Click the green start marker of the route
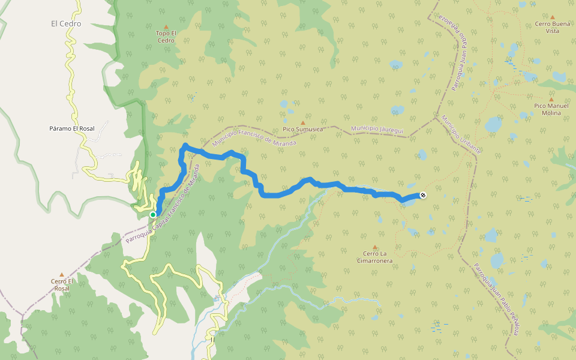tap(153, 214)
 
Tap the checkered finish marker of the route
tap(423, 195)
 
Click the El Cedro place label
tap(66, 24)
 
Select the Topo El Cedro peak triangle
tap(166, 27)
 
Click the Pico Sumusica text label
tap(303, 129)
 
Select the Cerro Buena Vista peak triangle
tap(553, 17)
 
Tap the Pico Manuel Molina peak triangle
tap(551, 100)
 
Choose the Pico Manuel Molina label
tap(551, 109)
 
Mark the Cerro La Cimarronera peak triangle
tap(375, 247)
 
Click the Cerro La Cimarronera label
tap(375, 257)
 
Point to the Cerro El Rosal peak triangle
tap(61, 275)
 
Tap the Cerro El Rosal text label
tap(62, 284)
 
